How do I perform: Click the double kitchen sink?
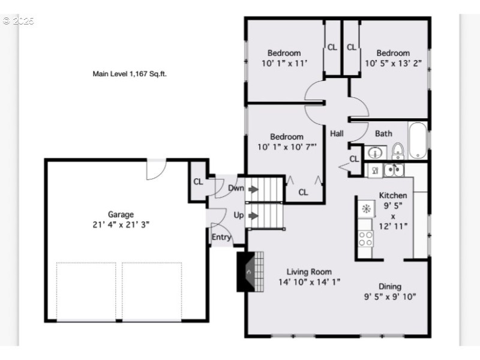pyautogui.click(x=394, y=170)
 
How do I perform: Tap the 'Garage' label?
pyautogui.click(x=121, y=214)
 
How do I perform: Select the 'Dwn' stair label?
pyautogui.click(x=236, y=188)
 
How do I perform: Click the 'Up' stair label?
pyautogui.click(x=238, y=215)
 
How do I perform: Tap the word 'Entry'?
pyautogui.click(x=221, y=237)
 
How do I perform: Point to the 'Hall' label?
pyautogui.click(x=337, y=133)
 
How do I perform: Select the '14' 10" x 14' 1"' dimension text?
pyautogui.click(x=309, y=281)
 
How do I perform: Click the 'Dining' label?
pyautogui.click(x=389, y=286)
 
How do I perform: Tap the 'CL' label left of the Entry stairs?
pyautogui.click(x=198, y=182)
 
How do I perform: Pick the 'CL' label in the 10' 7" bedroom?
pyautogui.click(x=303, y=192)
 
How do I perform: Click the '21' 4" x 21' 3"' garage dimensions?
pyautogui.click(x=121, y=224)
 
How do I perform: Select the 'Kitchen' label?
pyautogui.click(x=393, y=195)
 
